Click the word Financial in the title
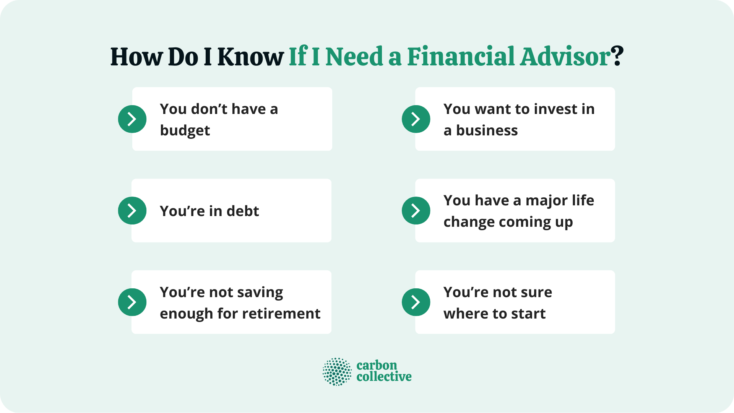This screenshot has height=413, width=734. click(x=461, y=57)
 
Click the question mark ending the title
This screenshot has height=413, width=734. click(x=617, y=57)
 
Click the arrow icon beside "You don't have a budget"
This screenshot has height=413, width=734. click(x=132, y=119)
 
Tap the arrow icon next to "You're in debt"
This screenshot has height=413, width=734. click(x=132, y=210)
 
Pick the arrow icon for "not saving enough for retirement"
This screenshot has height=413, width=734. click(x=132, y=302)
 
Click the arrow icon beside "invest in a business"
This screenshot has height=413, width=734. click(x=416, y=119)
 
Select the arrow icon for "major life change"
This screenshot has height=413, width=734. click(x=416, y=210)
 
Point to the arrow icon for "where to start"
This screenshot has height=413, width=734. click(x=416, y=302)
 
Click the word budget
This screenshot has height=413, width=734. click(x=185, y=131)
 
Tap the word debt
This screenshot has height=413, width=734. click(x=243, y=211)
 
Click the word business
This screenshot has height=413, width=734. click(x=487, y=131)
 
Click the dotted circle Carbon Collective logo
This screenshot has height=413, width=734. click(x=337, y=372)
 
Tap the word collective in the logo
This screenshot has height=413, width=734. click(x=384, y=377)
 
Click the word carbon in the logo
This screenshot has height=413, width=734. click(x=377, y=365)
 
